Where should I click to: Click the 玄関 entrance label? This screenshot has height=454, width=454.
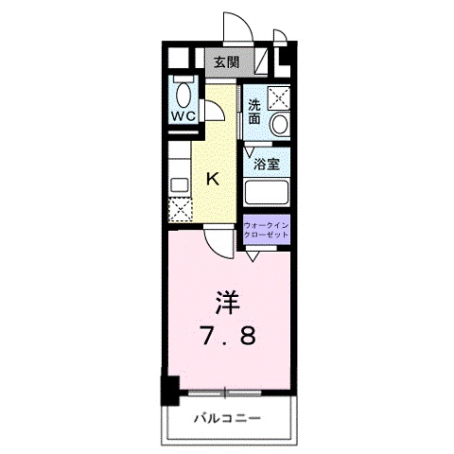click(x=227, y=62)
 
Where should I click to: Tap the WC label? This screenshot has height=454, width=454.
click(x=183, y=116)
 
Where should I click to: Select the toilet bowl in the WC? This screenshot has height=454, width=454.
click(x=183, y=96)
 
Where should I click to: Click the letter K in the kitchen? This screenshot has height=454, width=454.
click(x=213, y=180)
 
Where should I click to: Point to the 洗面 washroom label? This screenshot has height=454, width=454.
click(x=254, y=112)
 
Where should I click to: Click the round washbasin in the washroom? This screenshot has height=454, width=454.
click(x=280, y=124)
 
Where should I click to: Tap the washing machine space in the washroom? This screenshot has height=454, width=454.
click(x=278, y=97)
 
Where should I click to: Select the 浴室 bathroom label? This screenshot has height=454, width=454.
click(x=267, y=164)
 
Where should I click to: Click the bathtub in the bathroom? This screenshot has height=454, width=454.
click(x=267, y=192)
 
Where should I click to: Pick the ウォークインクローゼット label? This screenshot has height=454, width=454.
click(x=267, y=230)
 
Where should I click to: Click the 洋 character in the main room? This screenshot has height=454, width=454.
click(x=227, y=303)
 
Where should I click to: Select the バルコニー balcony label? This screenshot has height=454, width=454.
click(x=228, y=419)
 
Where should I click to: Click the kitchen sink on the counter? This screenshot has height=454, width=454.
click(x=180, y=184)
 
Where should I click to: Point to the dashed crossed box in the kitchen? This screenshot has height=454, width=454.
click(x=180, y=210)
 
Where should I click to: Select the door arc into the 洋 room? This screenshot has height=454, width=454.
click(x=215, y=249)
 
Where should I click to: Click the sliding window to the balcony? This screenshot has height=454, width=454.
click(x=225, y=393)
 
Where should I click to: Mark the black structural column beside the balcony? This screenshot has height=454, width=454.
click(x=170, y=391)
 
